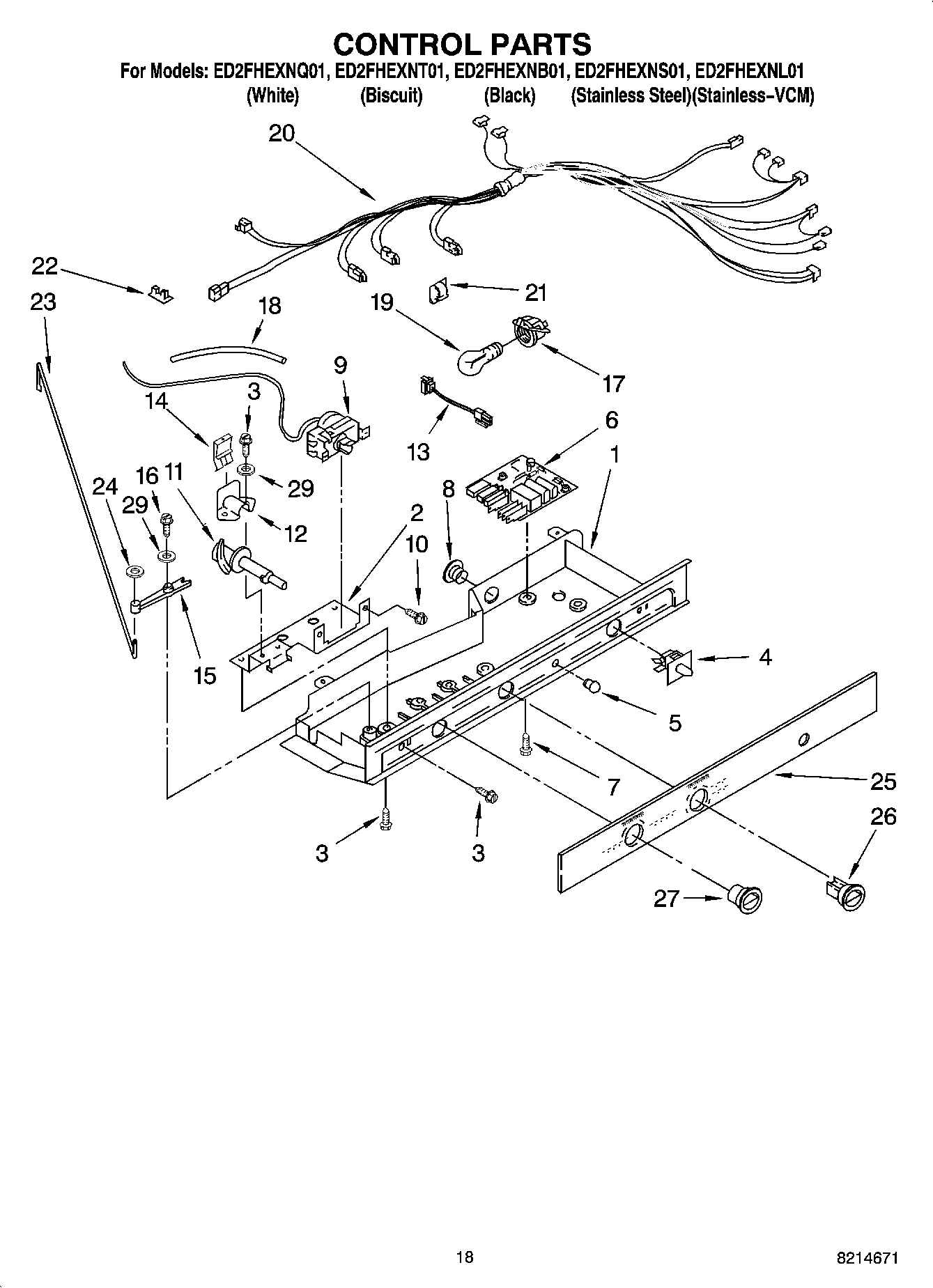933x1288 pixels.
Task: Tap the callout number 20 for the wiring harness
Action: (x=282, y=133)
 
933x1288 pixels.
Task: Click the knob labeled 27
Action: (x=745, y=899)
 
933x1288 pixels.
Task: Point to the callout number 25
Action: (x=883, y=782)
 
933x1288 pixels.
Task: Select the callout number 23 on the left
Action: (x=43, y=302)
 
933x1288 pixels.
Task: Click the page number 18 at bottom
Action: (x=465, y=1257)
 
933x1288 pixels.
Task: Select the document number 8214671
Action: (x=868, y=1258)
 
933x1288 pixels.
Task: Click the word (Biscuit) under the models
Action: (x=391, y=96)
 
